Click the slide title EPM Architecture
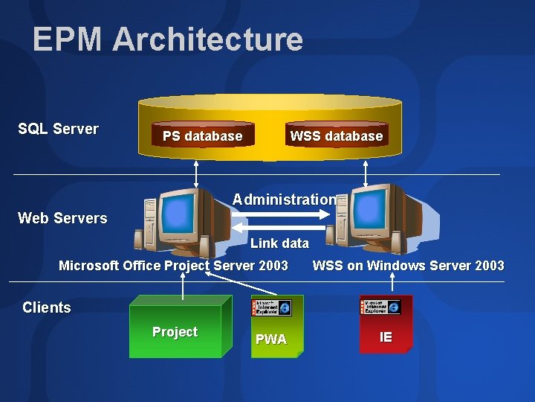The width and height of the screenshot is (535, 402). click(x=167, y=39)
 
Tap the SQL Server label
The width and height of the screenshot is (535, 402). click(x=58, y=129)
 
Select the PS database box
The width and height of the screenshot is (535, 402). click(x=202, y=135)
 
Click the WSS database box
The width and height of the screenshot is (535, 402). click(x=336, y=135)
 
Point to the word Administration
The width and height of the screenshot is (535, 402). click(x=283, y=200)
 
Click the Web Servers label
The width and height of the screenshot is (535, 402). click(x=62, y=218)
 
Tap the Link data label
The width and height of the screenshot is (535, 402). click(x=279, y=243)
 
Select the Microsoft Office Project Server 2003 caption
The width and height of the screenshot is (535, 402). click(x=173, y=266)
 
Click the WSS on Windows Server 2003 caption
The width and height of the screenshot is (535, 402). click(x=408, y=266)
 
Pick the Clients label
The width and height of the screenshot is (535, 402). click(x=47, y=307)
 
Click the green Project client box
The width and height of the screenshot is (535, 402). click(x=175, y=332)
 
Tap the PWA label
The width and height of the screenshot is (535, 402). click(x=271, y=339)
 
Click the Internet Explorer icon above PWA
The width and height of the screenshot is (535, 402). click(x=272, y=307)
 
